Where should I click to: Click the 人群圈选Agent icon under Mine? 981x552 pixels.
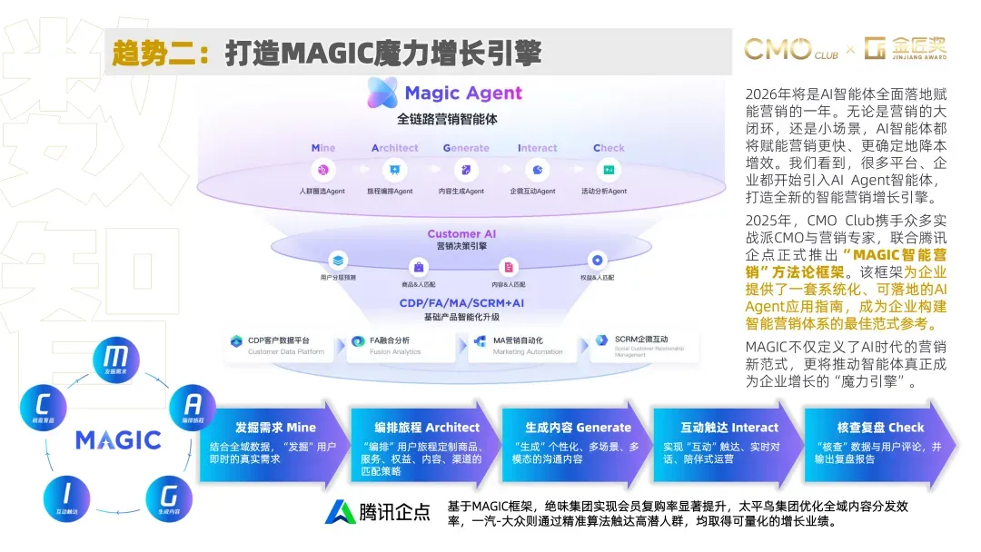(322, 170)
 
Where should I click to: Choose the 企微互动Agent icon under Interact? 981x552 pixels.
(537, 170)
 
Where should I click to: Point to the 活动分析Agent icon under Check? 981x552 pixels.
(609, 170)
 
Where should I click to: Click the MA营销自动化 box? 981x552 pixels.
(522, 346)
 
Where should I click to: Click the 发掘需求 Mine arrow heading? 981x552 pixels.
(275, 427)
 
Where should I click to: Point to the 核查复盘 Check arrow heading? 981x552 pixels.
(880, 427)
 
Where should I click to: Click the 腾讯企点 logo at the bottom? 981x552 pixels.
(378, 512)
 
